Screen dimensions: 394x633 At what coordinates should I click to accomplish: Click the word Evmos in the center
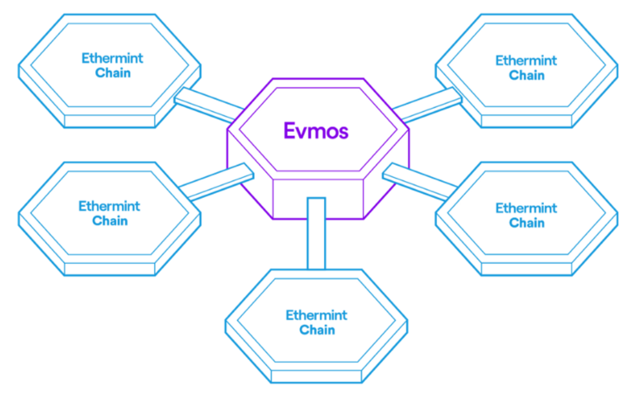316,130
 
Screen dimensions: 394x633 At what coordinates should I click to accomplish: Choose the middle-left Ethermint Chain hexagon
110,238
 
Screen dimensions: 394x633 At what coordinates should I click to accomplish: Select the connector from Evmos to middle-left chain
217,180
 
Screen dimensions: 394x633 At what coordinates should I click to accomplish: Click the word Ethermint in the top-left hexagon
113,58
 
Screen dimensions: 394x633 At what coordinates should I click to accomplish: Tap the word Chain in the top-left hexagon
113,73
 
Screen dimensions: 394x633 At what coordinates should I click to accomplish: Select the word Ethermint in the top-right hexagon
526,60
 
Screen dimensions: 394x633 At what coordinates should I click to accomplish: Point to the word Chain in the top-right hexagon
526,75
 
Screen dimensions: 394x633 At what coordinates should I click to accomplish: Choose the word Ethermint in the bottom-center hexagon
317,315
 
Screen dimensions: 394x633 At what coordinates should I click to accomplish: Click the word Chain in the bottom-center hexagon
317,330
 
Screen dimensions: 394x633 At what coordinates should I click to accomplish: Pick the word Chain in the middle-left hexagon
110,221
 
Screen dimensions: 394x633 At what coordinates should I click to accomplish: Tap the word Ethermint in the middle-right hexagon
526,208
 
